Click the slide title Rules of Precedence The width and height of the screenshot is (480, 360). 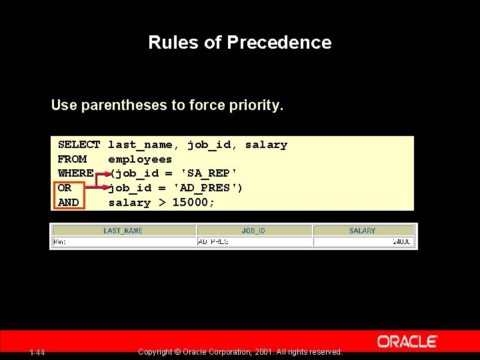pyautogui.click(x=239, y=43)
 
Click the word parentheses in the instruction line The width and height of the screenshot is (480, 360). pyautogui.click(x=128, y=105)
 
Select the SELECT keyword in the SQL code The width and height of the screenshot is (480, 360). pyautogui.click(x=79, y=145)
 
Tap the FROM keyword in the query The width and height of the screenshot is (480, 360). pyautogui.click(x=72, y=159)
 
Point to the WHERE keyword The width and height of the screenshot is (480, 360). pyautogui.click(x=75, y=173)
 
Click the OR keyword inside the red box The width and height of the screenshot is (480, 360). pyautogui.click(x=65, y=188)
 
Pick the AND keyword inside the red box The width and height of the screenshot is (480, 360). pyautogui.click(x=68, y=203)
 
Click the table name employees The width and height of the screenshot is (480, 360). pyautogui.click(x=140, y=159)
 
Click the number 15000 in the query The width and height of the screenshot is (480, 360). pyautogui.click(x=191, y=203)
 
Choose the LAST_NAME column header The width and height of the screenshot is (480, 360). pyautogui.click(x=123, y=231)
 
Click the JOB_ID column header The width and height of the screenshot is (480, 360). pyautogui.click(x=253, y=231)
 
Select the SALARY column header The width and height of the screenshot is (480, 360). pyautogui.click(x=362, y=231)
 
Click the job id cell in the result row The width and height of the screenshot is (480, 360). pyautogui.click(x=213, y=241)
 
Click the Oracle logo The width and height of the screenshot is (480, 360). pyautogui.click(x=407, y=341)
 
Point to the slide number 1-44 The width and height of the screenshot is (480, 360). pyautogui.click(x=37, y=352)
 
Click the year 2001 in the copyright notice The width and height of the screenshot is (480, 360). pyautogui.click(x=263, y=351)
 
